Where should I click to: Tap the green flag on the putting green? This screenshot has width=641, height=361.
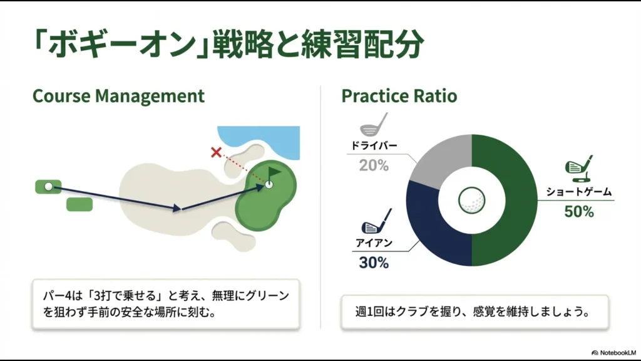(x=274, y=171)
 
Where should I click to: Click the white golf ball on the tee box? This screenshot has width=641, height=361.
(x=48, y=186)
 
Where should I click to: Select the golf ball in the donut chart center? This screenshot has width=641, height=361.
(x=471, y=201)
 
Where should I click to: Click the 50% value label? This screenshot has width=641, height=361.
(x=578, y=212)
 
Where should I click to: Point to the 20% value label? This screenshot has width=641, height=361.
(x=374, y=165)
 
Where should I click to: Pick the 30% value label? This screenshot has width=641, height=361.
(x=374, y=262)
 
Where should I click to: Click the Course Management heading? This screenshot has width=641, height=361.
(x=118, y=96)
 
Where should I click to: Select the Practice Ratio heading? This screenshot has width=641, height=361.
(x=399, y=96)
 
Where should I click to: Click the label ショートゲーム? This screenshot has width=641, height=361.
(x=578, y=192)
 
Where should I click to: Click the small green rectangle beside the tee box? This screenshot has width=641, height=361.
(x=79, y=204)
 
